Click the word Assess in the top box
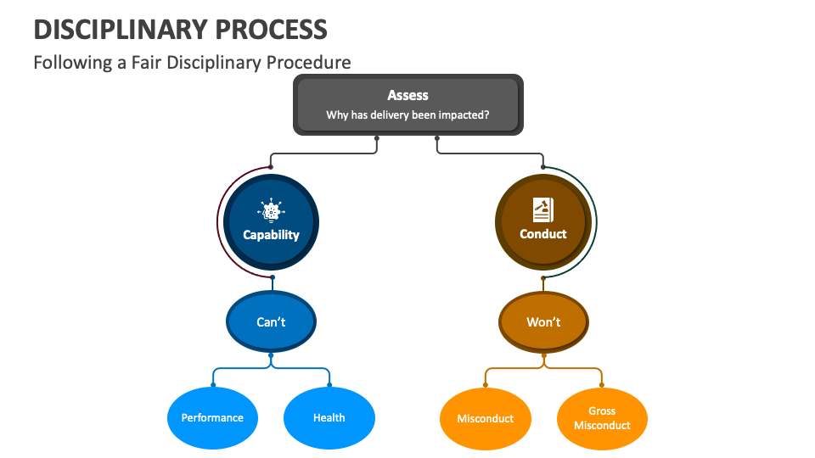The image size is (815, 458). tap(407, 96)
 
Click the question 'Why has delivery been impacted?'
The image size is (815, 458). tap(407, 115)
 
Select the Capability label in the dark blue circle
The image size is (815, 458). tap(271, 235)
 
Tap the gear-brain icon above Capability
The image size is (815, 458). tap(271, 211)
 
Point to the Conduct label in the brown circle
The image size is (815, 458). tap(542, 234)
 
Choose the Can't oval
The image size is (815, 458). tap(271, 322)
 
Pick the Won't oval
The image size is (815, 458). tap(543, 322)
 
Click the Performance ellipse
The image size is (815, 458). tap(212, 418)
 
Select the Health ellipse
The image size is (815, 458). tap(329, 418)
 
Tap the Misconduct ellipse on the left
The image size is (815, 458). tap(486, 419)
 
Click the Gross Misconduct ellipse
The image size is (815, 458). tap(602, 418)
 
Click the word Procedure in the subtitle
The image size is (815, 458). tap(307, 63)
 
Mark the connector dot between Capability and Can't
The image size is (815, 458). tap(272, 277)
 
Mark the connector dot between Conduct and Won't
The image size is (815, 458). tap(543, 277)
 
